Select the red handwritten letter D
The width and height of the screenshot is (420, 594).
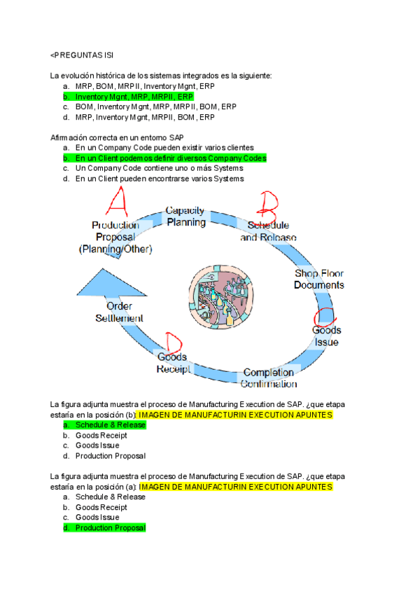click(170, 343)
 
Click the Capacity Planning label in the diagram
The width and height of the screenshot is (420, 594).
click(185, 216)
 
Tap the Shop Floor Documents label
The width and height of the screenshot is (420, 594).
click(318, 279)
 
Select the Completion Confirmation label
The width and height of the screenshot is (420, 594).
click(269, 378)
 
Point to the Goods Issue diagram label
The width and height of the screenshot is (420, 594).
click(326, 336)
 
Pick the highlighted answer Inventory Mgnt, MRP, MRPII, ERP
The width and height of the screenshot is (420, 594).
click(134, 97)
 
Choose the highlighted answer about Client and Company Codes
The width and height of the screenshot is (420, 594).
click(170, 158)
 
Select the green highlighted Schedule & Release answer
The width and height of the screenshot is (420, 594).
click(110, 425)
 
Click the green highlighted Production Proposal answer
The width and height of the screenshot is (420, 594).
click(110, 527)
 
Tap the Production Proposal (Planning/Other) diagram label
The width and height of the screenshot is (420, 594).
click(115, 237)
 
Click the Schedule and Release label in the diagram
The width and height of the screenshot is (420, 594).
click(268, 232)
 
